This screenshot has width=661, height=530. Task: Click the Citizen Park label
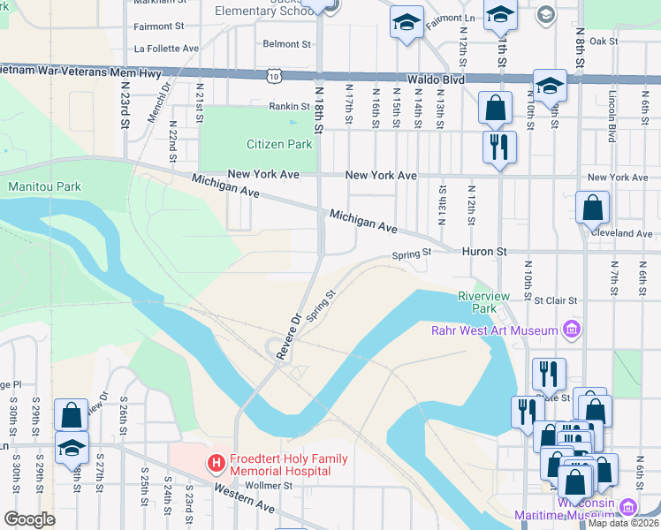pos(279,144)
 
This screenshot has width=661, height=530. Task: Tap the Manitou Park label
pos(44,186)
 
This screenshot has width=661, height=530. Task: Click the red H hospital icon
pos(214,462)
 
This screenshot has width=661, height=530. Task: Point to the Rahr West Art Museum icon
pos(571,330)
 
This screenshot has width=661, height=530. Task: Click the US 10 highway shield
pos(274,78)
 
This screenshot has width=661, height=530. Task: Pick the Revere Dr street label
pos(288,336)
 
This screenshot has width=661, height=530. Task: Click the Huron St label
pos(483,252)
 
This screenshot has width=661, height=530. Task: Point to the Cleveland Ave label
pos(624,233)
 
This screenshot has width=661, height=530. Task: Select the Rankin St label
pos(290,106)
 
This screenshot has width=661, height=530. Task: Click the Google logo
pos(29,519)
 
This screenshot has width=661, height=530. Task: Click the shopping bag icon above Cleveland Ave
pos(592,209)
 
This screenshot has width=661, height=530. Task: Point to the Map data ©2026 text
pos(622,523)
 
